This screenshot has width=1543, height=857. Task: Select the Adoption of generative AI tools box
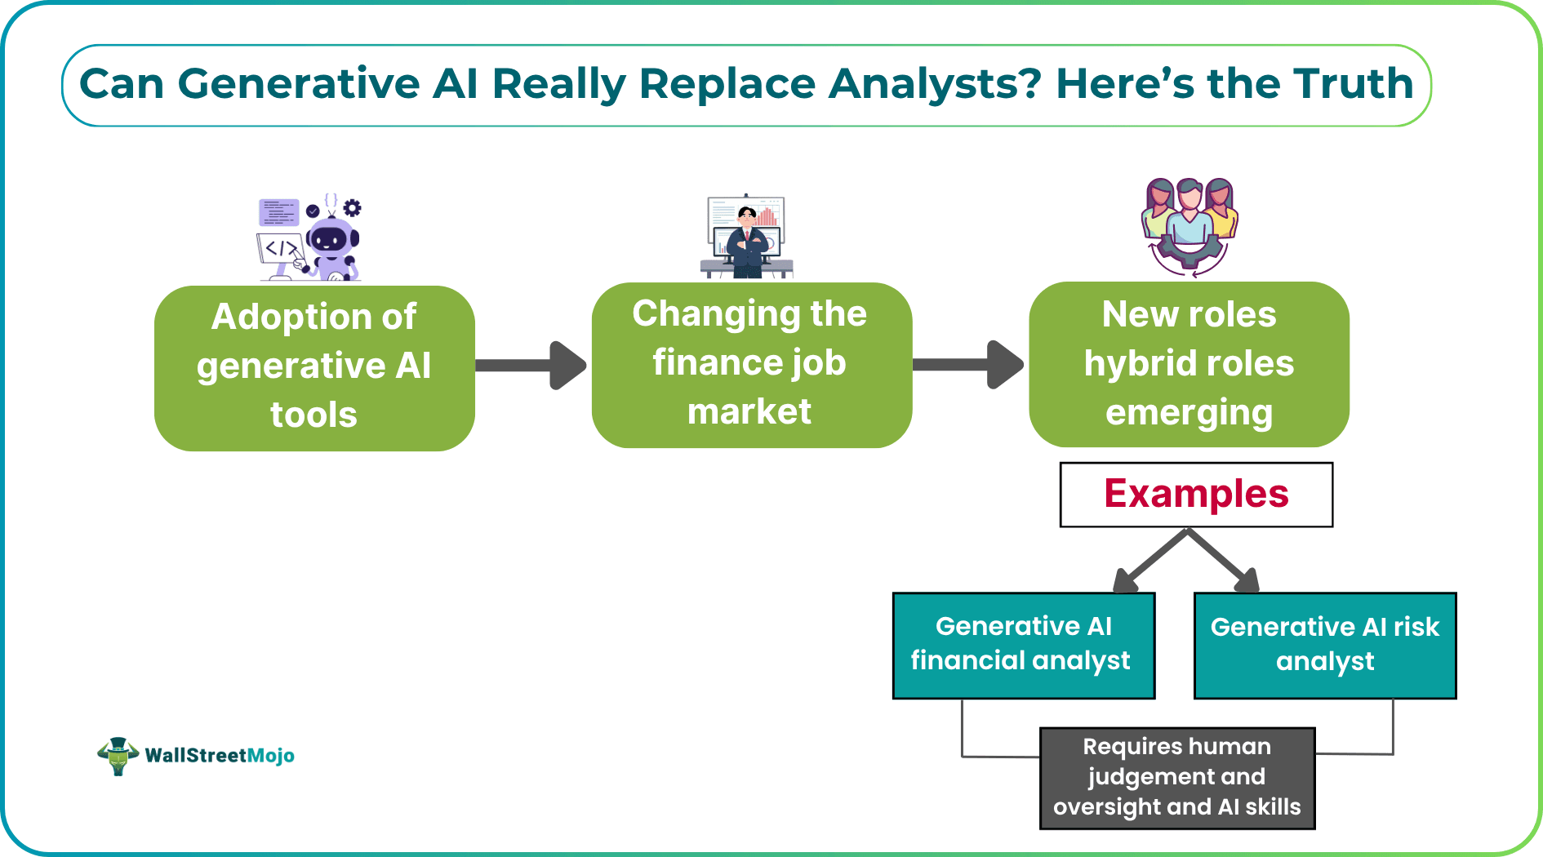(314, 367)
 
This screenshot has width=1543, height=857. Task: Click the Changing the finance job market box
(751, 365)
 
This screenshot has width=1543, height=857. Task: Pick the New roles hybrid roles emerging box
(1189, 364)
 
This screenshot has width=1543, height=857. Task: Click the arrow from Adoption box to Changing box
(531, 365)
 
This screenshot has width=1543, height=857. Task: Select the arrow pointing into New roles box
(968, 364)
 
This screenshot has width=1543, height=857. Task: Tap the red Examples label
(1196, 495)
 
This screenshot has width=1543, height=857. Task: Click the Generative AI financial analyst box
(1023, 645)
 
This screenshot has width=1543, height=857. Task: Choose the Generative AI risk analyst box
(1324, 645)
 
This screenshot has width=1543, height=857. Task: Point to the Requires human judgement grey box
(1176, 778)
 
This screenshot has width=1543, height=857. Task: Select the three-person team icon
(1189, 224)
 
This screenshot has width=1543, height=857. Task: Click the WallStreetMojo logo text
(219, 756)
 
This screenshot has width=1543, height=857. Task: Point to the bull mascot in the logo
(118, 756)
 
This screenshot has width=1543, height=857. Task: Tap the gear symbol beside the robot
(352, 207)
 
